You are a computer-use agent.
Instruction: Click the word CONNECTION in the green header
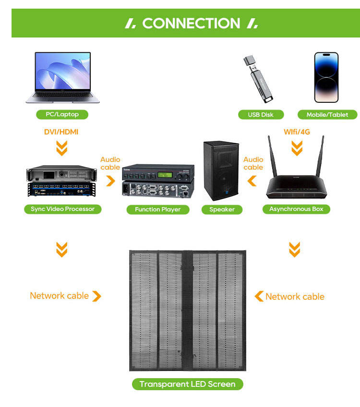[191, 24]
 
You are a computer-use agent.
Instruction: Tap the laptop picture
[62, 78]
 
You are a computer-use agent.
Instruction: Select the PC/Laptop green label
[62, 114]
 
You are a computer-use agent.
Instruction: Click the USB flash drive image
[258, 79]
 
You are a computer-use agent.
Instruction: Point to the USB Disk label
[261, 115]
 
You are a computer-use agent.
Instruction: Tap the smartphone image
[326, 77]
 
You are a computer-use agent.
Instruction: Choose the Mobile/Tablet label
[327, 115]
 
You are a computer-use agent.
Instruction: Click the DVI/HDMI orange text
[61, 132]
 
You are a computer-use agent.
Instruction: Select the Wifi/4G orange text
[297, 132]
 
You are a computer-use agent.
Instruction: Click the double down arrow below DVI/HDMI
[62, 148]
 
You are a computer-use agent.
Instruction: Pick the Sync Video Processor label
[63, 209]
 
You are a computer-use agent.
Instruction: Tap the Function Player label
[158, 210]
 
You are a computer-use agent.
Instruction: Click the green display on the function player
[165, 175]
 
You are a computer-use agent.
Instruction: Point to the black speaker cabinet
[221, 171]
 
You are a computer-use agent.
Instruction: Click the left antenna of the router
[272, 156]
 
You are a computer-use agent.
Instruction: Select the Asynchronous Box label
[296, 209]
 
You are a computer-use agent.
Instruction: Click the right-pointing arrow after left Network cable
[97, 296]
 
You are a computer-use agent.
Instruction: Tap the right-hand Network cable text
[295, 296]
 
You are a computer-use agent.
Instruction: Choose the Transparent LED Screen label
[188, 384]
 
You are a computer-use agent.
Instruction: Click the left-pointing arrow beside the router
[252, 181]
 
